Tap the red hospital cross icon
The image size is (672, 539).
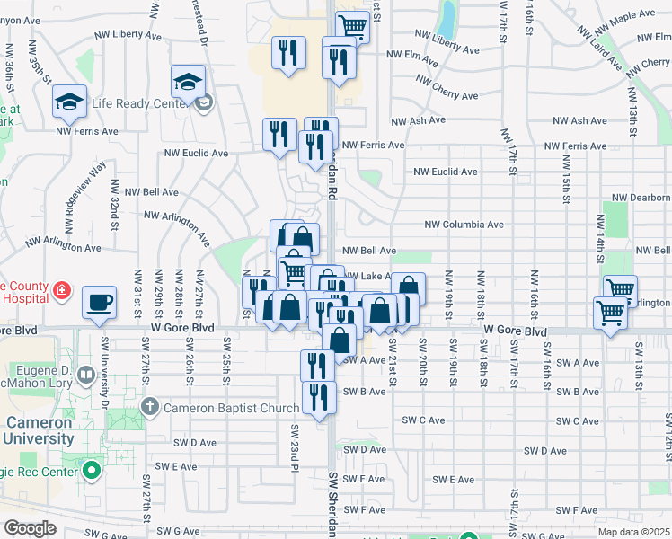61,290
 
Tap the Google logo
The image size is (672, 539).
30,528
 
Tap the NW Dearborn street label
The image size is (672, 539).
641,198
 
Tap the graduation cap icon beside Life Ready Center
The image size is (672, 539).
189,82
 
